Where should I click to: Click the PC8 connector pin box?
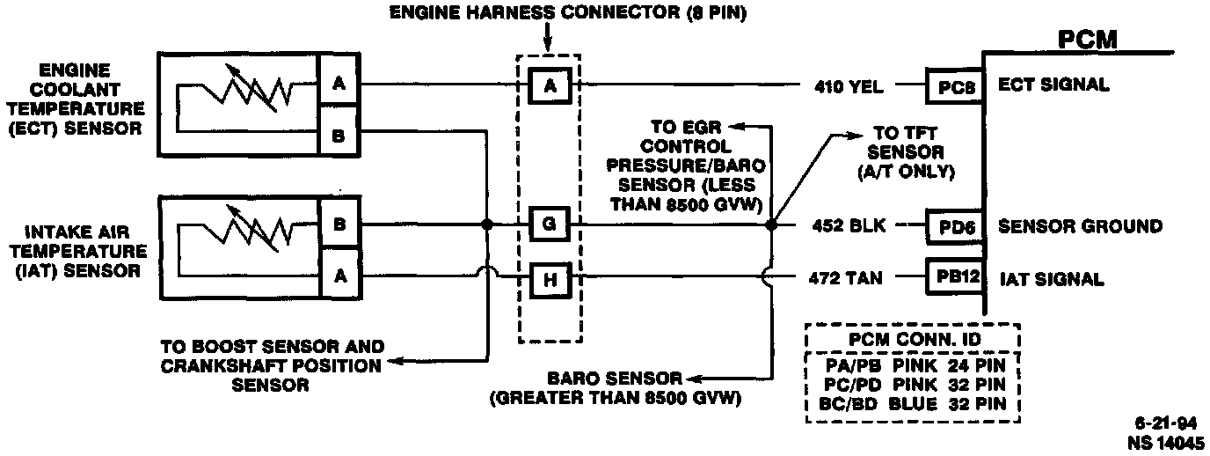pyautogui.click(x=954, y=86)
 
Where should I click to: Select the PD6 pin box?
pyautogui.click(x=954, y=226)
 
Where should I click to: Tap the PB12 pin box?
pyautogui.click(x=954, y=278)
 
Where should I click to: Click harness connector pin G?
pyautogui.click(x=550, y=225)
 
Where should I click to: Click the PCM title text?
pyautogui.click(x=1087, y=40)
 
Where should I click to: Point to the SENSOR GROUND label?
pyautogui.click(x=1080, y=226)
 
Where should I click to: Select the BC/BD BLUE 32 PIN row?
pyautogui.click(x=912, y=405)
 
